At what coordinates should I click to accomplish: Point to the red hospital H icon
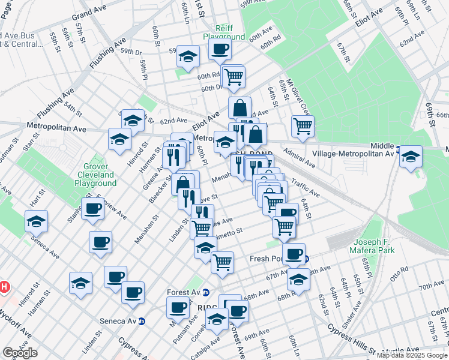tap(4, 287)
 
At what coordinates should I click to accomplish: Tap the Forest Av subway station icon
tap(206, 293)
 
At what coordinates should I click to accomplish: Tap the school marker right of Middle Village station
tap(411, 157)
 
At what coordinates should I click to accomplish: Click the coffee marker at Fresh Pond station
tap(294, 254)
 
